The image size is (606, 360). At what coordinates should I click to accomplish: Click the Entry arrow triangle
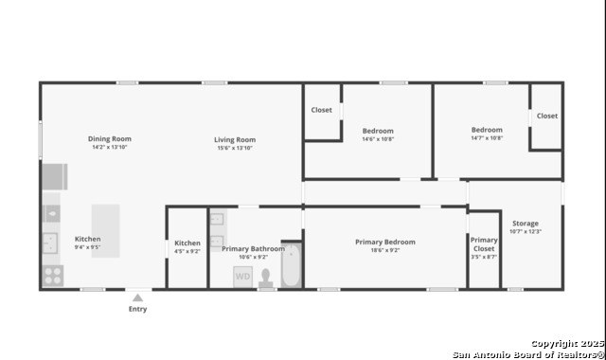click(x=137, y=297)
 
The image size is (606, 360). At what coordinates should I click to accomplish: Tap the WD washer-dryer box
click(x=242, y=277)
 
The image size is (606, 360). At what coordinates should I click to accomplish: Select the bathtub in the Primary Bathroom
click(x=291, y=265)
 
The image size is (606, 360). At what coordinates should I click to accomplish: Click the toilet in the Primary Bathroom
click(x=265, y=279)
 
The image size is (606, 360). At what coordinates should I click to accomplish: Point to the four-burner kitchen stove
click(x=53, y=276)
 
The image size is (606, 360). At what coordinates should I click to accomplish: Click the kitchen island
click(x=105, y=231)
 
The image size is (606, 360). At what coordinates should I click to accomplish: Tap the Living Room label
click(x=235, y=139)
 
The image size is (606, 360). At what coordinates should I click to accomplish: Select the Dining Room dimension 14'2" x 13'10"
click(x=110, y=148)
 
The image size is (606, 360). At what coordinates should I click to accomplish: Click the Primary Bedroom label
click(x=385, y=243)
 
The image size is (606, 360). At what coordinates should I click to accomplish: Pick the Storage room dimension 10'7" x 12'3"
click(x=526, y=231)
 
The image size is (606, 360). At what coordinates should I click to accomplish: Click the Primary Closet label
click(x=484, y=244)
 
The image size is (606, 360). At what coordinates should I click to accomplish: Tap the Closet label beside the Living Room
click(x=322, y=110)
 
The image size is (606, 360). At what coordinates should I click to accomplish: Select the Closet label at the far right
click(x=547, y=116)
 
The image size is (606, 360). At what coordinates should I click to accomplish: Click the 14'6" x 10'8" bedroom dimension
click(x=378, y=139)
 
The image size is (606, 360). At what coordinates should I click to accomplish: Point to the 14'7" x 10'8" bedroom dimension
click(x=487, y=138)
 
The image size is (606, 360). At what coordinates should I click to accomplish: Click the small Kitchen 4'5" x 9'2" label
click(x=187, y=247)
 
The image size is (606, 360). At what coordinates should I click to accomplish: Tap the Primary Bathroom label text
click(x=253, y=248)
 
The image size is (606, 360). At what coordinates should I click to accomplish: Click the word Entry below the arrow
click(x=138, y=309)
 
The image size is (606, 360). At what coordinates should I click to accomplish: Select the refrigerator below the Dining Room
click(x=55, y=177)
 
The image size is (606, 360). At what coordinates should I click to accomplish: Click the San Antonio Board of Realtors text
click(x=528, y=354)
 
